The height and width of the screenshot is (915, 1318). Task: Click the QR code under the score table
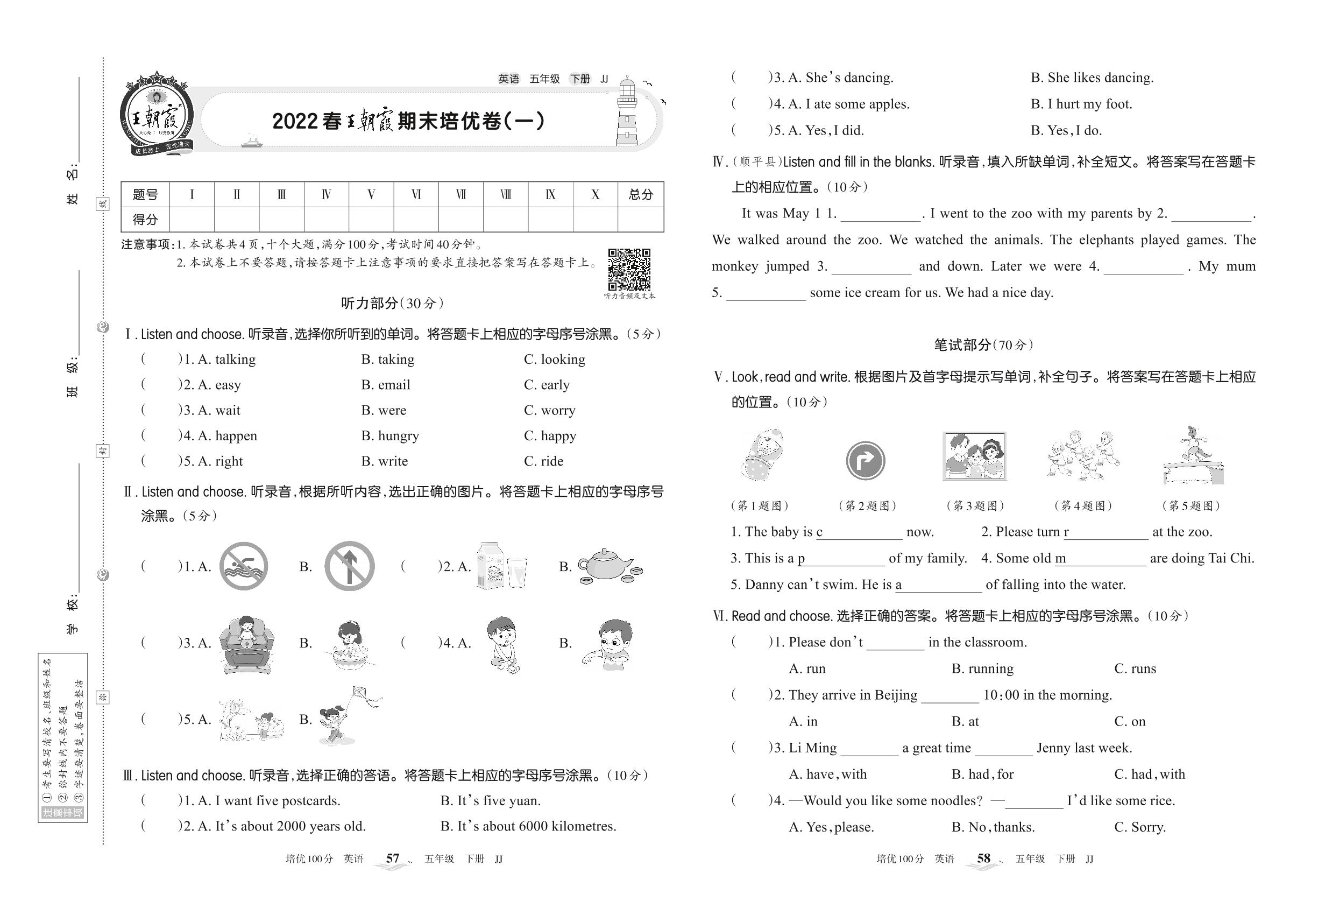tap(629, 270)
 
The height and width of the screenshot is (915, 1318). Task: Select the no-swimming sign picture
tap(244, 566)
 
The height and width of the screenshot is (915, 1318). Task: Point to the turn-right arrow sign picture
tap(865, 460)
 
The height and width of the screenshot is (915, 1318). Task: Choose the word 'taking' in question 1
tap(388, 360)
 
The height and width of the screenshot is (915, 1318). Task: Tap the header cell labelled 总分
tap(640, 194)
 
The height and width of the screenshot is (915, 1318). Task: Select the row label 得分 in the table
tap(145, 220)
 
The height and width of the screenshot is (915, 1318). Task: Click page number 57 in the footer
tap(393, 858)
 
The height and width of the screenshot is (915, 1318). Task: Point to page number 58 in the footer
tap(983, 858)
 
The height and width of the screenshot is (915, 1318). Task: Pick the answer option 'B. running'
tap(982, 668)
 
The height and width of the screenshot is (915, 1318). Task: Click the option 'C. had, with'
tap(1149, 775)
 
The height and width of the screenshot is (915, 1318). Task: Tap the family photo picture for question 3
tap(974, 457)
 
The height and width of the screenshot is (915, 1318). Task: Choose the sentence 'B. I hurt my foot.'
tap(1081, 104)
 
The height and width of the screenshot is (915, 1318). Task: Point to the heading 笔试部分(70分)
tap(983, 345)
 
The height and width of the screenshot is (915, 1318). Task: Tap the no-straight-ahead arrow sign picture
tap(350, 566)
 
